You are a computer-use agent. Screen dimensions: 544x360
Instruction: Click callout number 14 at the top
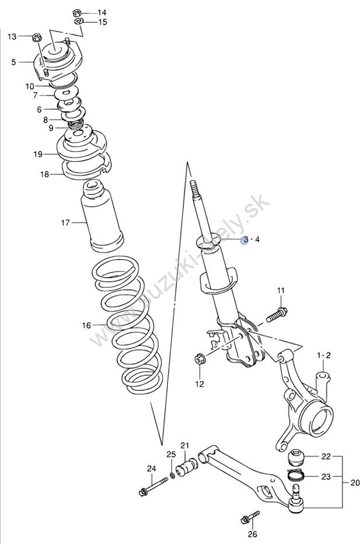pyautogui.click(x=102, y=12)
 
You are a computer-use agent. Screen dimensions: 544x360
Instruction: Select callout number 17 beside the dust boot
pyautogui.click(x=65, y=222)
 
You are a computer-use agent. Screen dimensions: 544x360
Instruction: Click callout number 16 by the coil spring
pyautogui.click(x=86, y=325)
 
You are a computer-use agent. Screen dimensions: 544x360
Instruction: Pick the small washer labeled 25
pyautogui.click(x=173, y=472)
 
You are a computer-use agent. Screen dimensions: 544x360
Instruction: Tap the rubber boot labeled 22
pyautogui.click(x=298, y=456)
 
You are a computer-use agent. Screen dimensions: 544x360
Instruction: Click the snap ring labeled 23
pyautogui.click(x=296, y=475)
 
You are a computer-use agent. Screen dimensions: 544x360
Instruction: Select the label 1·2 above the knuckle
pyautogui.click(x=324, y=355)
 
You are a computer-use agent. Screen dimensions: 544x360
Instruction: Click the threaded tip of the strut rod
pyautogui.click(x=194, y=189)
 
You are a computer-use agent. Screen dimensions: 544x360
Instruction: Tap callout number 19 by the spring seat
pyautogui.click(x=38, y=154)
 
